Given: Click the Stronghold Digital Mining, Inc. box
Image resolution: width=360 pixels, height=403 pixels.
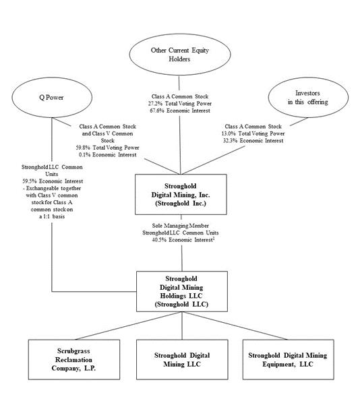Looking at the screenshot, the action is point(181,194).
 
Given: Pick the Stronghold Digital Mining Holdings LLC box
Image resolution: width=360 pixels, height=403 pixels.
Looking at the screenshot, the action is point(182,291).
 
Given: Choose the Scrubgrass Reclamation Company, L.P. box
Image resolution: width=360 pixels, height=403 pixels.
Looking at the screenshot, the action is point(74,360).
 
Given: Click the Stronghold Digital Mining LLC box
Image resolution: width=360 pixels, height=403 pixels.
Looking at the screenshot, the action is point(182,360).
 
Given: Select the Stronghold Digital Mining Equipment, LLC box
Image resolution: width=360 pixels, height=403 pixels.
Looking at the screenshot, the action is point(289,360).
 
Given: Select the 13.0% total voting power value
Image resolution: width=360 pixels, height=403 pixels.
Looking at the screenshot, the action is point(227,133).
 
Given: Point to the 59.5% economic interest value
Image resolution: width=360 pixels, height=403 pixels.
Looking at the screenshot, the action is point(28,181).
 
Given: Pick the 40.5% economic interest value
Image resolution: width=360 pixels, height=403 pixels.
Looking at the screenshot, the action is point(157,240).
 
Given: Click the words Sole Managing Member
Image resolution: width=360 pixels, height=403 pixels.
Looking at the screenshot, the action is point(181,226).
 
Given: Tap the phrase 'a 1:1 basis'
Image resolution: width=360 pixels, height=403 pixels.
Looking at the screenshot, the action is point(52,216).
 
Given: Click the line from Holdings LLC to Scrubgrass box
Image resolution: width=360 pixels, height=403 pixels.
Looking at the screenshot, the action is point(129,325).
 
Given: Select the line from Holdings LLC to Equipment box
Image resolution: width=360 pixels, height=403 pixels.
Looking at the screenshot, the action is point(235,325).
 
